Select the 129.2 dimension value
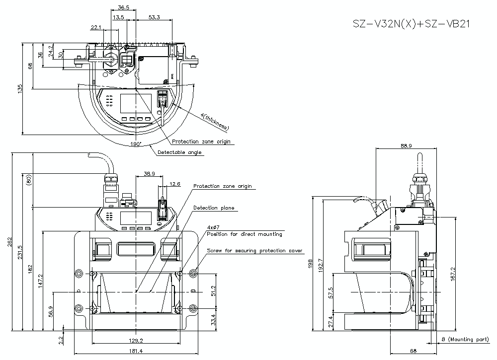point(136,341)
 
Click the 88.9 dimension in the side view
point(406,145)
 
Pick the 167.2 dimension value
point(452,274)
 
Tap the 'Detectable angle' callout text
point(179,152)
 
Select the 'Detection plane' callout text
point(213,208)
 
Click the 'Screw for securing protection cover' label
point(254,251)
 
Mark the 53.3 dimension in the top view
point(155,17)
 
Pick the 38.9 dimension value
point(149,174)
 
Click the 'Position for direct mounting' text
point(244,234)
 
